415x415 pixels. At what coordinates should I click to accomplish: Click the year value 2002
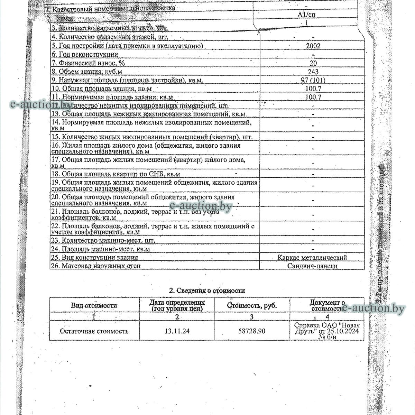[313, 46]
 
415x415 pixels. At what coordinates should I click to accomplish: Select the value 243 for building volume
[313, 72]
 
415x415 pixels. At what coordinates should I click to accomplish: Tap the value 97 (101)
[313, 80]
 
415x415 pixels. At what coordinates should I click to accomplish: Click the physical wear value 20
[313, 63]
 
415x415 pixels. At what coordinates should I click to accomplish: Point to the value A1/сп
[306, 15]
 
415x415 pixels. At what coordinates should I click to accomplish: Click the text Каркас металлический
[312, 258]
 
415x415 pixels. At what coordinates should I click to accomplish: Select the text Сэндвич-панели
[312, 266]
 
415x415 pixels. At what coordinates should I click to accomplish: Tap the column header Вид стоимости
[94, 305]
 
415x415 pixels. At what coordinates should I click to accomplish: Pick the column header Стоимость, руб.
[252, 306]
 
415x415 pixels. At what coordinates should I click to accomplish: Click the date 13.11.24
[177, 331]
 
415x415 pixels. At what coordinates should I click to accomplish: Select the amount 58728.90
[252, 331]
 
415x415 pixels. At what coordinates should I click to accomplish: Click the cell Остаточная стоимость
[94, 331]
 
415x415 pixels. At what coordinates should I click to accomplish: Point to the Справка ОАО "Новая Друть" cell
[327, 331]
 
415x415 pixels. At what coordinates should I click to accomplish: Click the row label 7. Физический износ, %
[88, 63]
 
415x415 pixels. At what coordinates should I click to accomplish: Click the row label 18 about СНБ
[116, 174]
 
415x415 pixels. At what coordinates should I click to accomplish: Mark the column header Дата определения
[177, 305]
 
